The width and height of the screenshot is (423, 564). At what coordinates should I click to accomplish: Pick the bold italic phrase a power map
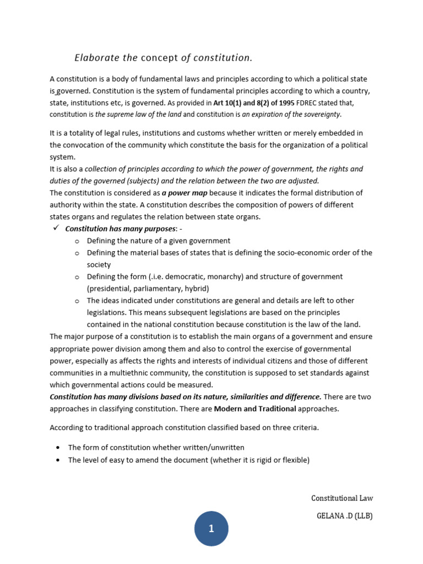point(185,193)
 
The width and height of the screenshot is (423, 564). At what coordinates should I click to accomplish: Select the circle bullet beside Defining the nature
point(77,241)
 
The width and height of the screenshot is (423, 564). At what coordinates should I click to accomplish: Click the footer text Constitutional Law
point(341,498)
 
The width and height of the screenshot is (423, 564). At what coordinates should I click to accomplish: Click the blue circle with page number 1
point(211,529)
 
